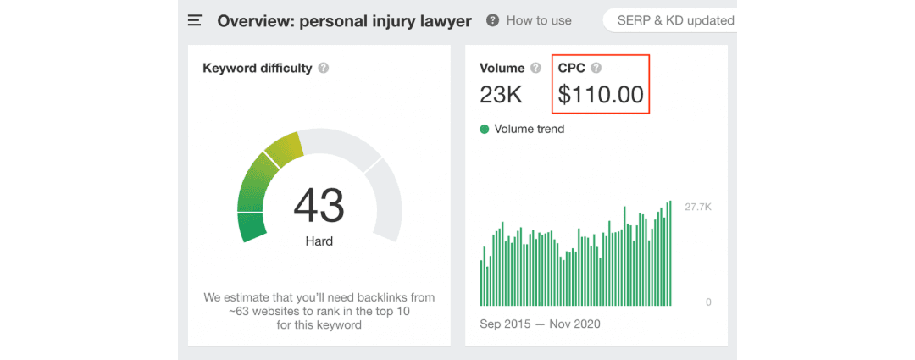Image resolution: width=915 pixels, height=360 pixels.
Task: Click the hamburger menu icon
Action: (196, 19)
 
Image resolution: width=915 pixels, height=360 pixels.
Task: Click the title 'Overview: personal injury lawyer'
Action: (344, 20)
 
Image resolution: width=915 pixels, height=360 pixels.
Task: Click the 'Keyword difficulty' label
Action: (258, 68)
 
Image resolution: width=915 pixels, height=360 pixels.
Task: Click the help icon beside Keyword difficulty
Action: (324, 68)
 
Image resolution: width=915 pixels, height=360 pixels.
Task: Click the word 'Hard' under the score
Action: (319, 241)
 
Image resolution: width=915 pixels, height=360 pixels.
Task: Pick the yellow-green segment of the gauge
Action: (284, 148)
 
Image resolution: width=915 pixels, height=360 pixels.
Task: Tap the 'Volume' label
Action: (502, 68)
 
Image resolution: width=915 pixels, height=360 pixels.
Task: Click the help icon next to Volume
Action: (535, 68)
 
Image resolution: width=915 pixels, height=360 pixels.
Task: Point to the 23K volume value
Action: (501, 95)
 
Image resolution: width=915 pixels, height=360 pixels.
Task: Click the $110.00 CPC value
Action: (601, 95)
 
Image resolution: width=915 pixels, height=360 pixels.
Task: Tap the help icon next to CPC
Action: (596, 68)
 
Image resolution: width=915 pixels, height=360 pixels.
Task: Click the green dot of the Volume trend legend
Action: (485, 130)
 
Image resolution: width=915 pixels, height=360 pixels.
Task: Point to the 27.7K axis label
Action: (697, 207)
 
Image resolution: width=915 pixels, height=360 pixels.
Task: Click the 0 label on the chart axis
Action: (708, 302)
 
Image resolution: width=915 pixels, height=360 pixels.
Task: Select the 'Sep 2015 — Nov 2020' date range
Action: (540, 324)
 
